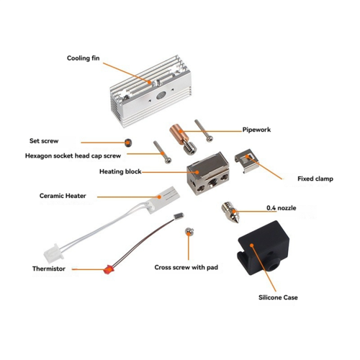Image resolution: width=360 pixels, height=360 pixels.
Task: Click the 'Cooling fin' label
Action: pos(83,58)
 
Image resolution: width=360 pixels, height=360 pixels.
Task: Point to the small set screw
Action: pos(129,142)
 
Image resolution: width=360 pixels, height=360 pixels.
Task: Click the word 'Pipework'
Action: pos(258,130)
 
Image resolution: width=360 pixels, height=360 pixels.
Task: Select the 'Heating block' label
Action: pos(120,172)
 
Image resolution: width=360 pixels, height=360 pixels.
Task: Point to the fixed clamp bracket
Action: pos(247,163)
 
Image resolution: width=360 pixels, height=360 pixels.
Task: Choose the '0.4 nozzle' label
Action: pos(282,208)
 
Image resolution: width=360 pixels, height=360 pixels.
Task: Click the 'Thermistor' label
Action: pos(49,269)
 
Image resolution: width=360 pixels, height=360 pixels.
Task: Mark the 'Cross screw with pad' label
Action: pos(188,267)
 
